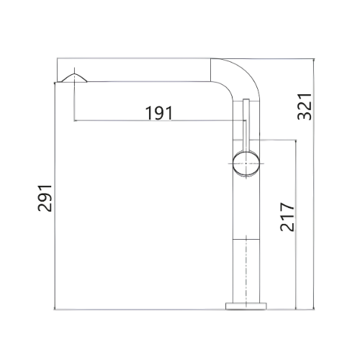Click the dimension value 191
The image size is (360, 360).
[x=159, y=113]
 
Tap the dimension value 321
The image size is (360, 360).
[x=305, y=107]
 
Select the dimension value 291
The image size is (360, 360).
[x=45, y=198]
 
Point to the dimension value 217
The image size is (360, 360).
[x=287, y=217]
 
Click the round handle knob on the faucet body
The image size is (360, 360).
[x=246, y=163]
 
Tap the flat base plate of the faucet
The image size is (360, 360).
[x=246, y=306]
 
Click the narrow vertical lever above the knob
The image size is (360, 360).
[x=246, y=125]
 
